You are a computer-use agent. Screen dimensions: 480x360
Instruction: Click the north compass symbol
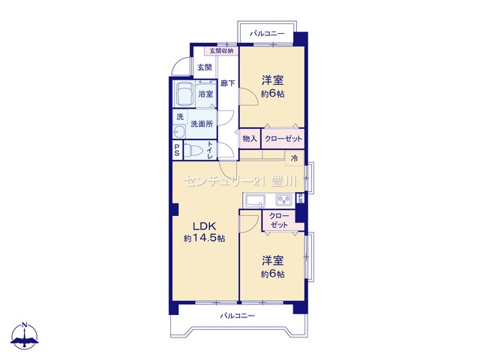point(25,335)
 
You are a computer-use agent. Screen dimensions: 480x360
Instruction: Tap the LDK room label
point(205,226)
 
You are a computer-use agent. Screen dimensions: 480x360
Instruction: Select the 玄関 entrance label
point(205,67)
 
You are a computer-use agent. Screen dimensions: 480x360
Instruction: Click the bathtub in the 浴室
point(184,93)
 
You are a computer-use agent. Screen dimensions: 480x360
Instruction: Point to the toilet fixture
point(194,151)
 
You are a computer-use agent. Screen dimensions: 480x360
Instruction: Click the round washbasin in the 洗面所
point(179,133)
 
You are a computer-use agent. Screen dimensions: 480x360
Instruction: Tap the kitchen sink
point(255,200)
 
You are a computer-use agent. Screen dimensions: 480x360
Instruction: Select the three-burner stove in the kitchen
point(285,200)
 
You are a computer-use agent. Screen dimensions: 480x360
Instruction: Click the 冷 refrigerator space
point(295,158)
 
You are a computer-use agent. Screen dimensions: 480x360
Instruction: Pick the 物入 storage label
point(250,139)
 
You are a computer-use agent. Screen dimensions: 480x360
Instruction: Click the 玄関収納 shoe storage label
point(221,51)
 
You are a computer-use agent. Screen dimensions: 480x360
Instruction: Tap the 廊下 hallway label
point(228,83)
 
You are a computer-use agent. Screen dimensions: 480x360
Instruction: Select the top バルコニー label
point(267,33)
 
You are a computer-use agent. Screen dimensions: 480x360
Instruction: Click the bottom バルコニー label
point(238,315)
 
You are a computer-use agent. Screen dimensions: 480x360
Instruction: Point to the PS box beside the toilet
point(177,150)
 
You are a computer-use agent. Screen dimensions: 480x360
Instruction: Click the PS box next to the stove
point(300,198)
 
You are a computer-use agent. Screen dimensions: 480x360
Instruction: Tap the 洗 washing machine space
point(180,117)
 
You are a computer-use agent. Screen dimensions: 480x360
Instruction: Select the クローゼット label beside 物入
point(283,139)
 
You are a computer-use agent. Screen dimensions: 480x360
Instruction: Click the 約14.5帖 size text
point(205,238)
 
